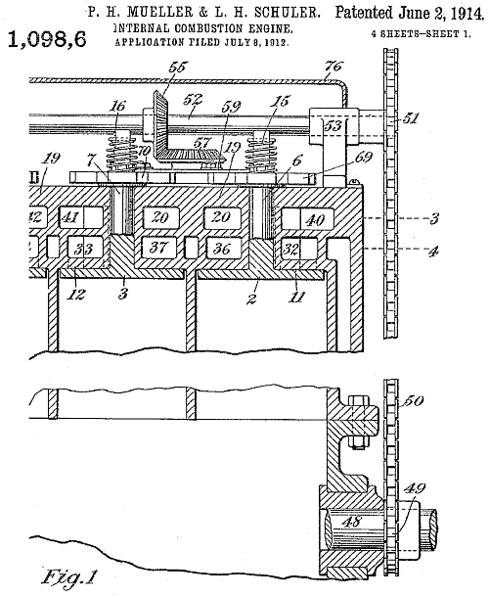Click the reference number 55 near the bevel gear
coord(177,67)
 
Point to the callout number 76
coord(333,67)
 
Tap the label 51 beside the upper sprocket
coord(411,118)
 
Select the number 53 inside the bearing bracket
coord(333,125)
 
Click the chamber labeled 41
coord(81,217)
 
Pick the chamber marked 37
coord(158,247)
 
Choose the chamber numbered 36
coord(223,248)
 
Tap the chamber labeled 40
coord(308,219)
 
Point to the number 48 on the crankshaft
coord(351,521)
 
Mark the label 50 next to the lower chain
coord(413,401)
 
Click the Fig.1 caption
coord(68,576)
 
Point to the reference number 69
coord(364,157)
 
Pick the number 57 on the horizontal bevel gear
coord(202,142)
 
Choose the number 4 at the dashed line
coord(434,251)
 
